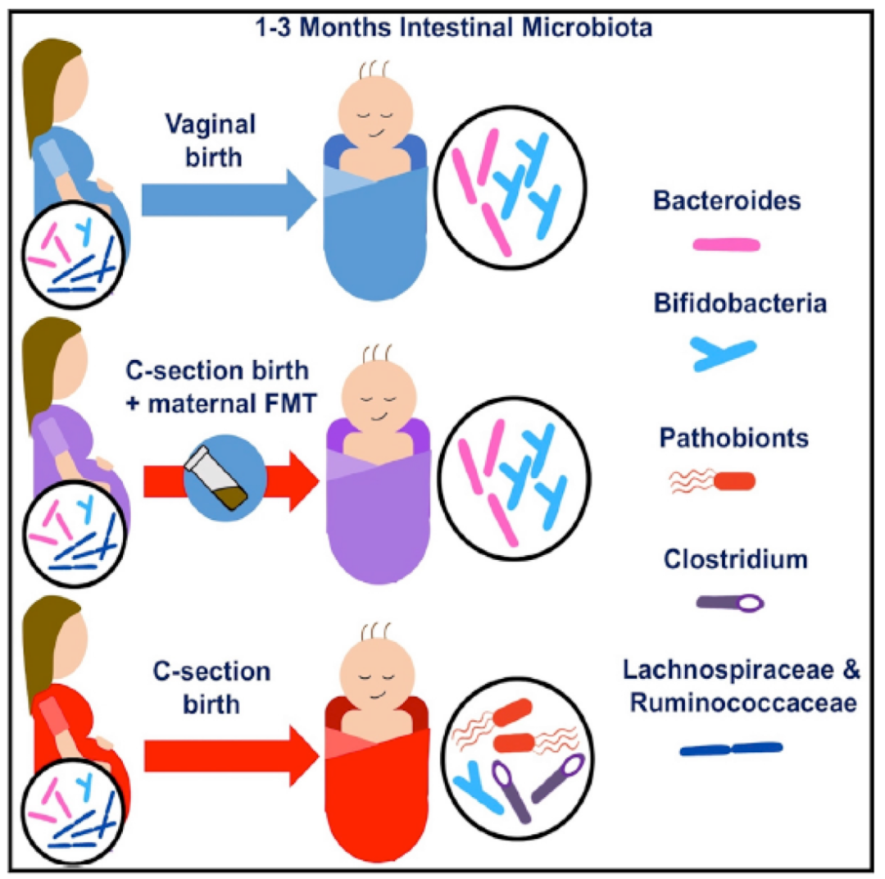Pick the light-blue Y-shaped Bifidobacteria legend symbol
(724, 353)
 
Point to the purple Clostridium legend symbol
(729, 603)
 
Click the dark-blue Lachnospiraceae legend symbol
(731, 748)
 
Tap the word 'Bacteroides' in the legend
(728, 199)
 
